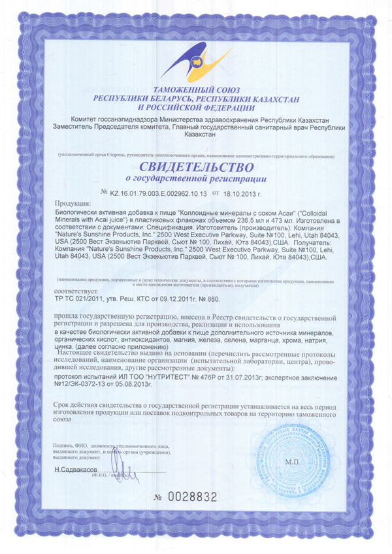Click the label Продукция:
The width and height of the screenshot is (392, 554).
[71, 204]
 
